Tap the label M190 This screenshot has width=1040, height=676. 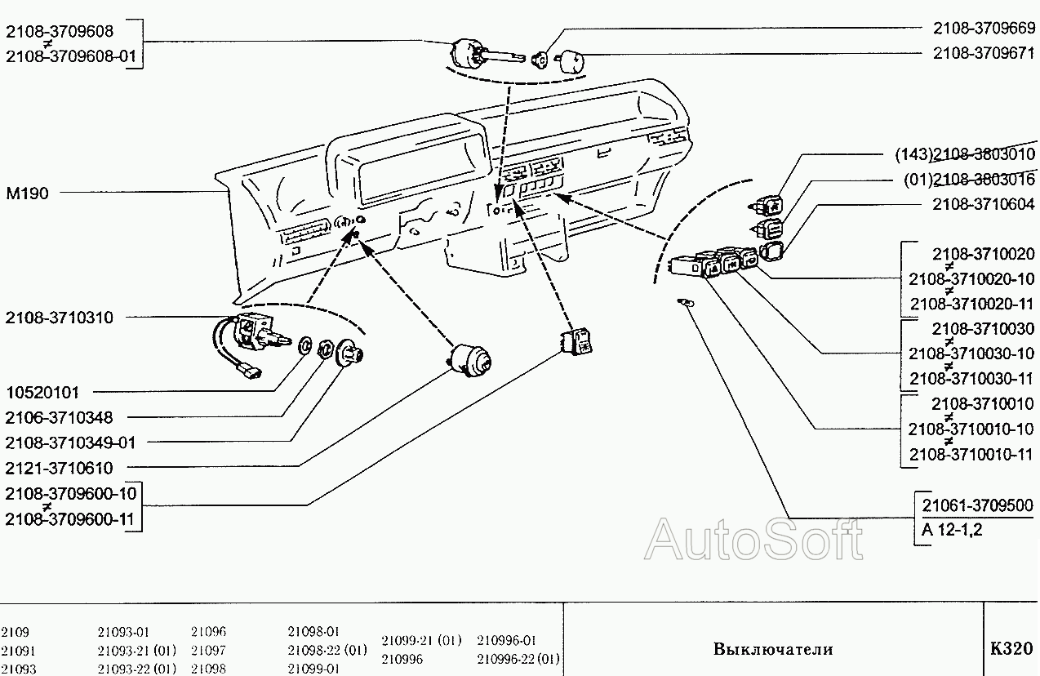(x=27, y=193)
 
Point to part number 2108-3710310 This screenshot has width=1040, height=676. (x=60, y=318)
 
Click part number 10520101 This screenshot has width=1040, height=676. (x=53, y=392)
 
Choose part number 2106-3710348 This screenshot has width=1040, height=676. (x=60, y=417)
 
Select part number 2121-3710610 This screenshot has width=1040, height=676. (x=60, y=469)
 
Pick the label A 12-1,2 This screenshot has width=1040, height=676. (x=952, y=530)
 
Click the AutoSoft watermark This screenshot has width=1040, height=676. (x=753, y=539)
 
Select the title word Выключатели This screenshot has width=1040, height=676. (x=773, y=650)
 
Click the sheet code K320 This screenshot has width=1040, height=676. (x=1011, y=650)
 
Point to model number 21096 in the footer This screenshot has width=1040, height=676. (x=208, y=632)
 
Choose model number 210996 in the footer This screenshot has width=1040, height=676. (x=402, y=659)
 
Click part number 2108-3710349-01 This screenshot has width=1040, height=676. (x=71, y=443)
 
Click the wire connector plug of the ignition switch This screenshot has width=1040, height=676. (x=250, y=374)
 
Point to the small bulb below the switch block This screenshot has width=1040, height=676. (x=687, y=304)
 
